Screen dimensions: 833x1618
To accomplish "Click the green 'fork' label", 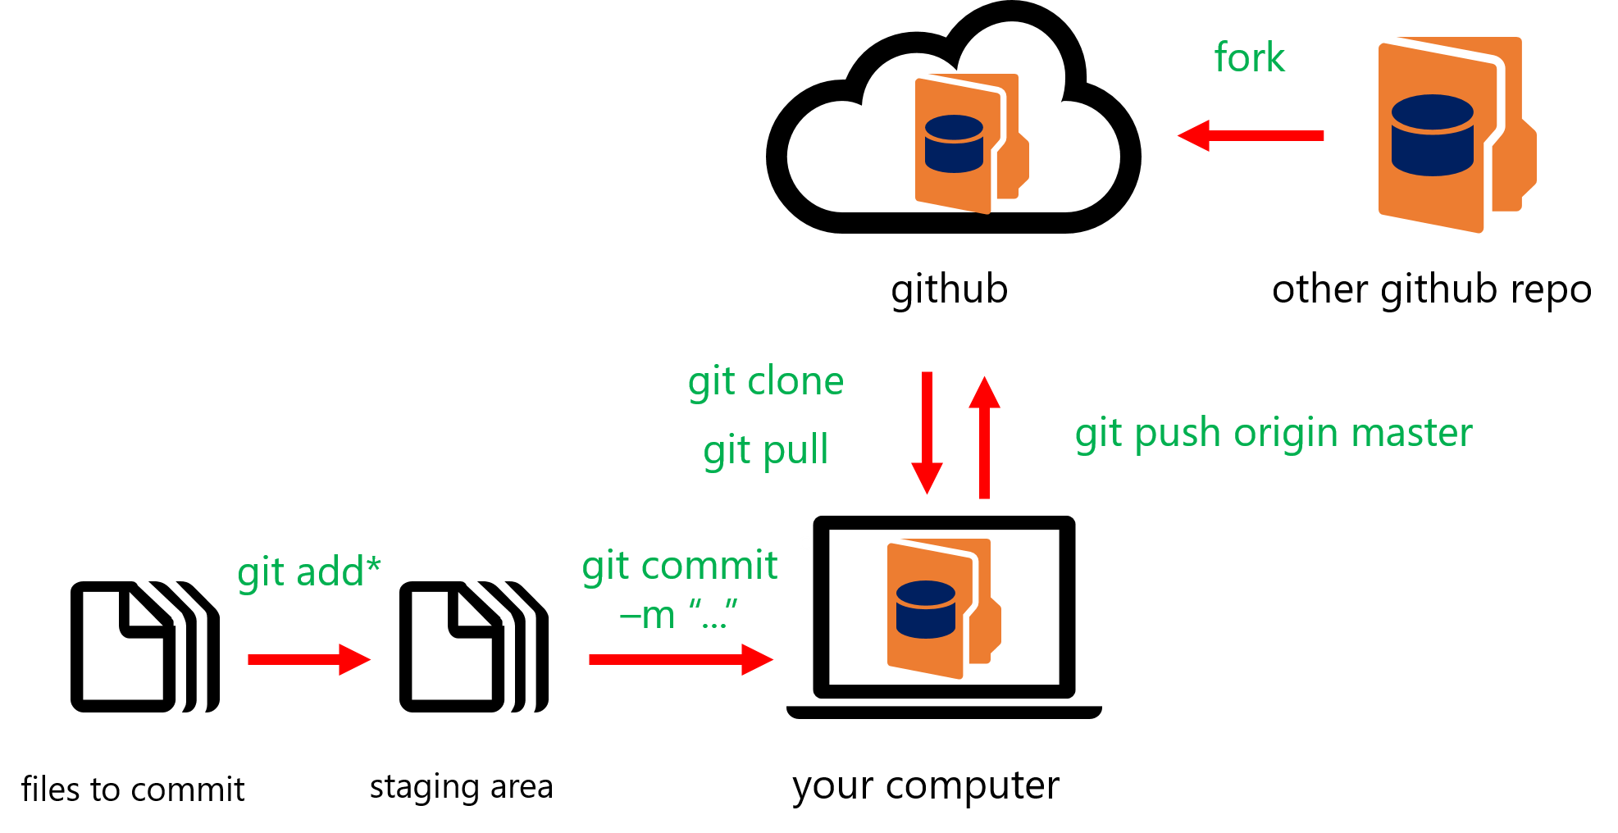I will click(x=1249, y=58).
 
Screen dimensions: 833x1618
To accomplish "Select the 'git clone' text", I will click(x=766, y=382).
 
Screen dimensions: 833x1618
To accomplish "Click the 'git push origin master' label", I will click(x=1274, y=433).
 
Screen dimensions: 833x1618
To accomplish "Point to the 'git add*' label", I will click(x=309, y=571).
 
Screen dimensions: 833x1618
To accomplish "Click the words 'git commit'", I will click(x=679, y=566).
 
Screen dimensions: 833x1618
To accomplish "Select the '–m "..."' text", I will click(x=679, y=615).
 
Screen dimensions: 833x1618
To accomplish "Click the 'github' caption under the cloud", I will click(x=950, y=289).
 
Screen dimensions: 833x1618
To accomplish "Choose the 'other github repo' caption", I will click(x=1432, y=289).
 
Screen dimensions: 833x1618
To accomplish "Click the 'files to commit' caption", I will click(x=133, y=790).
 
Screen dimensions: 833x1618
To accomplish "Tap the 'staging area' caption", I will click(x=461, y=787).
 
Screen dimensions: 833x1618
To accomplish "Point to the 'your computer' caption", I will click(x=926, y=785).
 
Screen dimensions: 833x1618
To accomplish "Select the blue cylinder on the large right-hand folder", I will click(x=1432, y=135).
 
